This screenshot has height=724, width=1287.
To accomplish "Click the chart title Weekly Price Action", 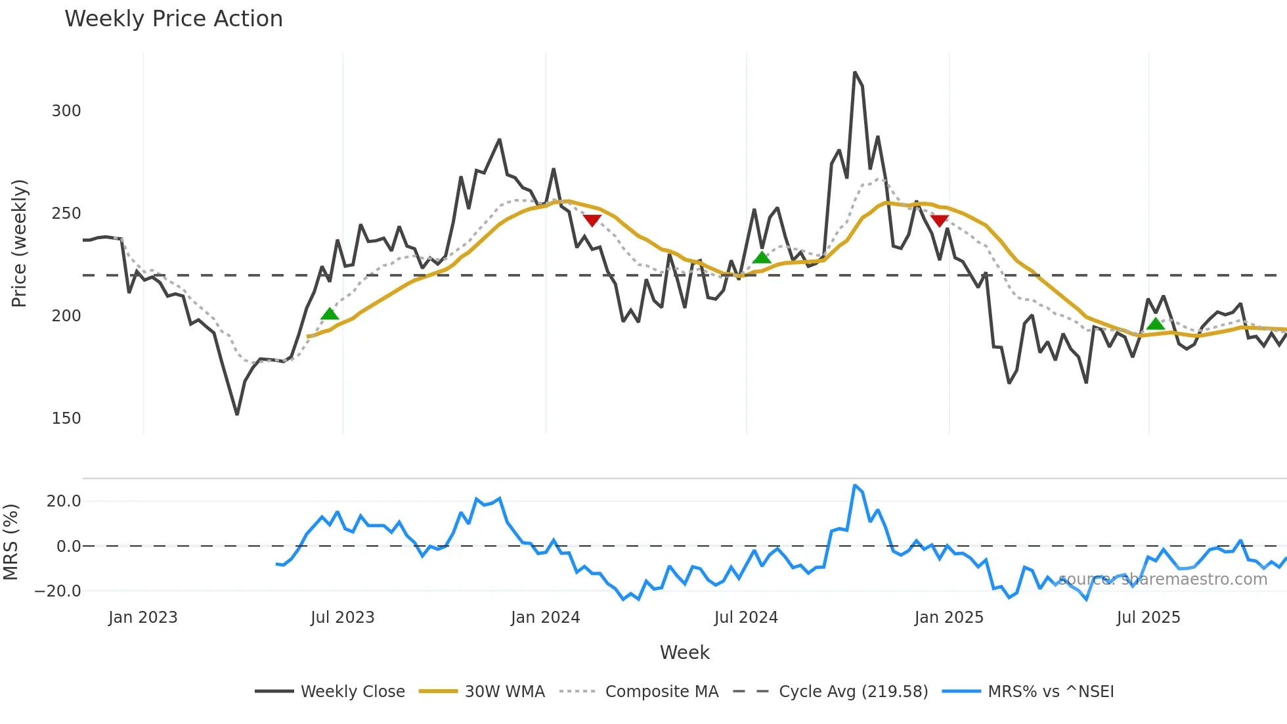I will point(173,19).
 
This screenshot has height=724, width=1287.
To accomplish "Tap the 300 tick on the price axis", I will point(66,111).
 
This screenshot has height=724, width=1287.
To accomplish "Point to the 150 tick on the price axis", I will point(66,419).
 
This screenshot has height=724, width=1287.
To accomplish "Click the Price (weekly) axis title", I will point(19,243).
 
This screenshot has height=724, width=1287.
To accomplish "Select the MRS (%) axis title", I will point(11,542).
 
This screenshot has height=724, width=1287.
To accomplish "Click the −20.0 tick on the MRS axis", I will point(58,591).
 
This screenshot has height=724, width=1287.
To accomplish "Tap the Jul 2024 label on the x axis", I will point(746,618).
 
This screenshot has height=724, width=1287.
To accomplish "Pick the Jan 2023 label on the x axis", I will point(143,618).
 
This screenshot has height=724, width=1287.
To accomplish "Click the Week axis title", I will point(684,652).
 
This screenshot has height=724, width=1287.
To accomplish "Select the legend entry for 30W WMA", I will point(504,692).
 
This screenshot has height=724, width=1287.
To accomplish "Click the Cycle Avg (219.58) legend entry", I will point(853,692).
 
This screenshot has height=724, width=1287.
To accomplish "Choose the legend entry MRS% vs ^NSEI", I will point(1051,692).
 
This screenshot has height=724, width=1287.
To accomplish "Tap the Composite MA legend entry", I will point(661,692).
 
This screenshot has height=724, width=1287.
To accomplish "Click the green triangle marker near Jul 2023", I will point(330,314).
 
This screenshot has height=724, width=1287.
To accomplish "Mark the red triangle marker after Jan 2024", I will point(592,221).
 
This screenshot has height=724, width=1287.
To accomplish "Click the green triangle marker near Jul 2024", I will point(762,258).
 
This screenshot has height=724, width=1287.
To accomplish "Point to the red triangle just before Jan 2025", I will point(940,221).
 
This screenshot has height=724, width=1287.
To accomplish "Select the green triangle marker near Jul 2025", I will point(1156,323).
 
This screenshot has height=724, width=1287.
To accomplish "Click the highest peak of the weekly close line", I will point(855,72).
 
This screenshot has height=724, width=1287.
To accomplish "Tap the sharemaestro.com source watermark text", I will point(1162,579).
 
